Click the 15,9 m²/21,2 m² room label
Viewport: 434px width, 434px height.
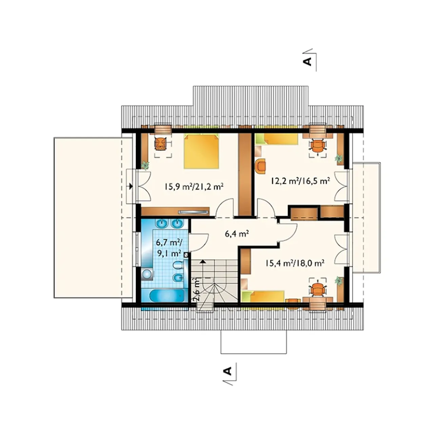(x=194, y=187)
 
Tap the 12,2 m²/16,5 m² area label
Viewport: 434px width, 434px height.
(x=300, y=181)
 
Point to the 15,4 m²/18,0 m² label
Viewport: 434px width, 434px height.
(x=295, y=263)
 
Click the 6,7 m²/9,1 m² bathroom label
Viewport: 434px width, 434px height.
(x=169, y=249)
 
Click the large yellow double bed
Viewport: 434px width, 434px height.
(x=201, y=151)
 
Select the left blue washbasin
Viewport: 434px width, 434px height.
(x=161, y=223)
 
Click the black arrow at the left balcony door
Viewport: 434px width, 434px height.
(x=131, y=186)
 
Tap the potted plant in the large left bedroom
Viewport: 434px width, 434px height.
(x=145, y=165)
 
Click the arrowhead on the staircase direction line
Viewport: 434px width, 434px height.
(x=203, y=261)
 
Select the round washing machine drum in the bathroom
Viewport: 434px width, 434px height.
(x=147, y=274)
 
